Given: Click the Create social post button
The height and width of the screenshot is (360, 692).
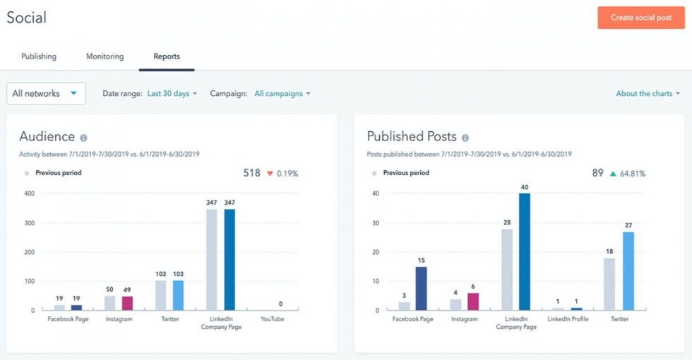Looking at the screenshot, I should [640, 18].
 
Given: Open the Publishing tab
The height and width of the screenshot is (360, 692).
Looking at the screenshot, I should [39, 56].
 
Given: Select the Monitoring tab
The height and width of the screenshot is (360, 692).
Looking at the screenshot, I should [105, 56].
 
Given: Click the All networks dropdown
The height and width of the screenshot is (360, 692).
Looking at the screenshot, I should [46, 93].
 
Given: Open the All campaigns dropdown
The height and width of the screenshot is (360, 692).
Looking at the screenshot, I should [282, 93].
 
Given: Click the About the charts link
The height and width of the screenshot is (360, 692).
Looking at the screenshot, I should [648, 93].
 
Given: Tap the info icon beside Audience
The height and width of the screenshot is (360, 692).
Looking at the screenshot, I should [83, 138].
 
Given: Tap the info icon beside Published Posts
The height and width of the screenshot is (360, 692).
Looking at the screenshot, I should [465, 138].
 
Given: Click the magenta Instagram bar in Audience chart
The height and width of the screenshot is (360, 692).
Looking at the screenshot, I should [127, 303].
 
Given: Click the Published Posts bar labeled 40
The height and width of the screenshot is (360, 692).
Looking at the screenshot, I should [525, 251].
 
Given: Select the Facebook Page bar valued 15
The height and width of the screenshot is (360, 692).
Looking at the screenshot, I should [422, 288].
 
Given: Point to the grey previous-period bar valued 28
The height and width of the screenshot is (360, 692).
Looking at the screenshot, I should [507, 269].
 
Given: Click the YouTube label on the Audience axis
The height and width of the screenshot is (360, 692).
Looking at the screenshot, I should [272, 319].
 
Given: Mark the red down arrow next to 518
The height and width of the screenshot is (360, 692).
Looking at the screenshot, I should [269, 174].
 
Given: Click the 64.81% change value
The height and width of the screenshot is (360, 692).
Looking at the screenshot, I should [633, 174].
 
